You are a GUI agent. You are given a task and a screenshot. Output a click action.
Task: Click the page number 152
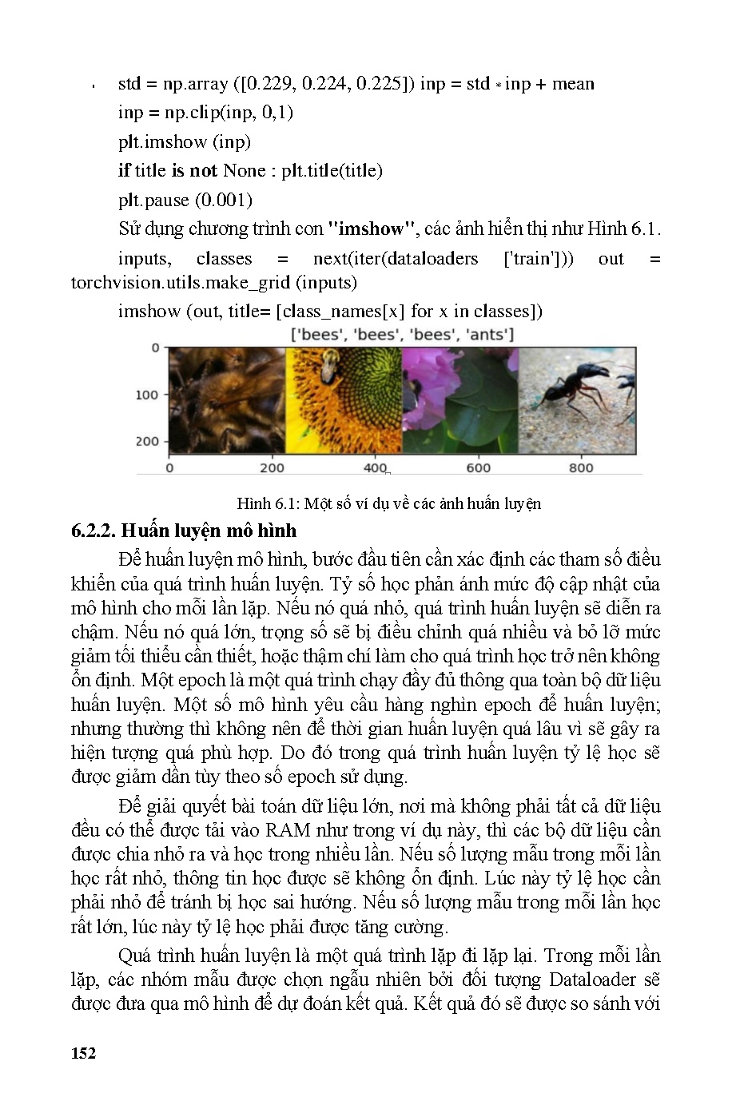point(83,1053)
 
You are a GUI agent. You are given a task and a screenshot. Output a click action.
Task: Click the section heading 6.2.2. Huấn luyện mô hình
point(184,531)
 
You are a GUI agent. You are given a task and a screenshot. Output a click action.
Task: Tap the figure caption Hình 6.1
point(388,503)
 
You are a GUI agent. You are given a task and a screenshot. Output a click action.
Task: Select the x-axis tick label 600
point(478,468)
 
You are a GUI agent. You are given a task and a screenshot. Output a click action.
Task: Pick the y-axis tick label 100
point(147,395)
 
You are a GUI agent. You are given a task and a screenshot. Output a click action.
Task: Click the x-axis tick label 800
point(581,468)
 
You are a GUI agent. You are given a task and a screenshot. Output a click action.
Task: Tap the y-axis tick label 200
point(147,441)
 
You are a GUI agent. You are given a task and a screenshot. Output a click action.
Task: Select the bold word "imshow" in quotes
point(372,229)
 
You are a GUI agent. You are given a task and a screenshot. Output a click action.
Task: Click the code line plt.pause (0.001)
point(185,200)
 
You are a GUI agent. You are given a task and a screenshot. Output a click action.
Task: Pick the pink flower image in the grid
point(459,399)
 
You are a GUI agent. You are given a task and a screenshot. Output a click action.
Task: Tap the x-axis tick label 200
point(272,468)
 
